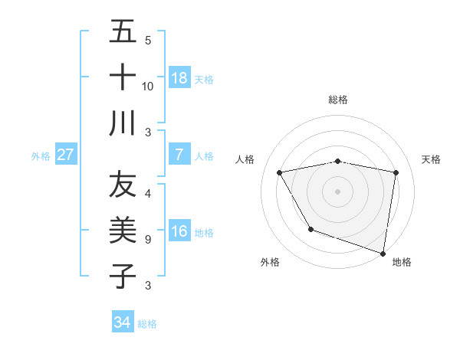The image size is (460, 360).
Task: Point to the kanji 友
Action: (x=123, y=185)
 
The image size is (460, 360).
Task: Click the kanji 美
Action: (x=123, y=231)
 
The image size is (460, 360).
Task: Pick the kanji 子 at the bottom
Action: (x=123, y=276)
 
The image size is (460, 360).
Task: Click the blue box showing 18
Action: (x=179, y=78)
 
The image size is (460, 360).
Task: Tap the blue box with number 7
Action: (x=179, y=155)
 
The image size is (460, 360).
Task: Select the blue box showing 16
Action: (x=179, y=231)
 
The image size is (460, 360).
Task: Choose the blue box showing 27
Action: (x=66, y=155)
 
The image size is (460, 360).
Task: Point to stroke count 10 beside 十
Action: (x=148, y=86)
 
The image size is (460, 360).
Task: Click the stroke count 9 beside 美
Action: (x=147, y=240)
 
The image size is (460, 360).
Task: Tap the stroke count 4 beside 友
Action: (x=147, y=194)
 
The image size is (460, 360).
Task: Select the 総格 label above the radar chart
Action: (x=338, y=100)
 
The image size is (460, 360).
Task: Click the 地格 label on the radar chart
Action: (x=402, y=262)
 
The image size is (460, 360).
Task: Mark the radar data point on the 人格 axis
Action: (x=280, y=173)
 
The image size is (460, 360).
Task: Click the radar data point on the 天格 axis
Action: (x=396, y=173)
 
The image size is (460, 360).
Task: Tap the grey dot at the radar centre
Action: (x=338, y=191)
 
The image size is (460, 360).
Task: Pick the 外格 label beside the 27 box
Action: (x=41, y=155)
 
